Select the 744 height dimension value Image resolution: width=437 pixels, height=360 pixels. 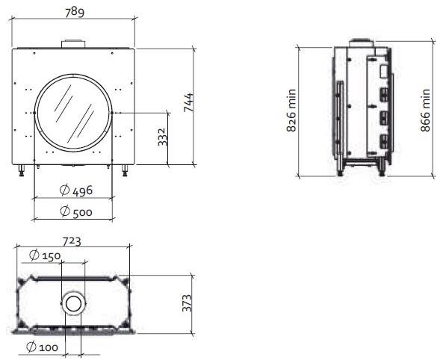189,103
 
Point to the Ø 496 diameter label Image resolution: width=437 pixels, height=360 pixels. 75,190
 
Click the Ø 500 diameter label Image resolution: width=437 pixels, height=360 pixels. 75,211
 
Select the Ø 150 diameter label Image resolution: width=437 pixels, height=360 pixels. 46,255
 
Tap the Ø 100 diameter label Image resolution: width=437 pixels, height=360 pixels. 42,347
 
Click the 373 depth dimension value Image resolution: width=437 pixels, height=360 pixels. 188,302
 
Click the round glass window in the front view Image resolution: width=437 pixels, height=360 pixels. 75,112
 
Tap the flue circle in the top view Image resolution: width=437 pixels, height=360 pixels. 74,302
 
